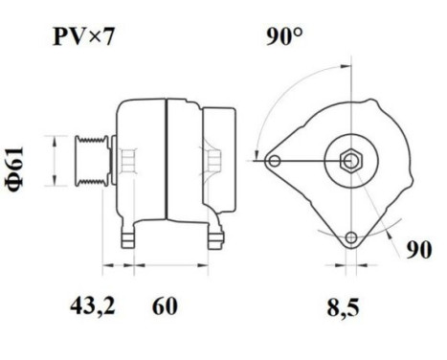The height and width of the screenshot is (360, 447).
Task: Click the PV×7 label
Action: click(x=84, y=38)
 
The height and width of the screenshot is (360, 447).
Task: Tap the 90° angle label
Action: click(x=284, y=38)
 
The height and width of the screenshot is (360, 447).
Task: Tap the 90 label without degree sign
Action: click(x=414, y=251)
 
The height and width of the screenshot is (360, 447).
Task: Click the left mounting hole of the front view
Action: click(x=276, y=160)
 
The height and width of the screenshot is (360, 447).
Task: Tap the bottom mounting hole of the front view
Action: click(x=350, y=236)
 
